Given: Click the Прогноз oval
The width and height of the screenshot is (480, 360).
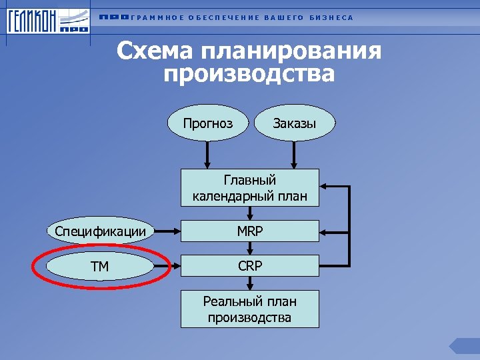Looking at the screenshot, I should click(x=209, y=123).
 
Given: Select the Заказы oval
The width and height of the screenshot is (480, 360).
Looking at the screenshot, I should click(x=294, y=123).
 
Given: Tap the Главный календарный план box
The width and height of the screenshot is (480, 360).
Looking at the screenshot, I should click(x=249, y=188).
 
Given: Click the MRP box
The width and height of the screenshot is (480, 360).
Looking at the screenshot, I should click(x=249, y=232).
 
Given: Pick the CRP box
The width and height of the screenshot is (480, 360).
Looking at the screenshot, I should click(x=249, y=267).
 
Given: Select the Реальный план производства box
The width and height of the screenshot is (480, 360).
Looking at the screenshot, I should click(x=249, y=309).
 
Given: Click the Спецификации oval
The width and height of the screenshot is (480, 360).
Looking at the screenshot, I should click(x=101, y=232).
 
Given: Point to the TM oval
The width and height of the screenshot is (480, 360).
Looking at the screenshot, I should click(x=101, y=267).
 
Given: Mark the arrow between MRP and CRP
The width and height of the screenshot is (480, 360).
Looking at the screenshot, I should click(x=249, y=249).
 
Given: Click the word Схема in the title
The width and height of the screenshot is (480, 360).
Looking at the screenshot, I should click(x=157, y=51).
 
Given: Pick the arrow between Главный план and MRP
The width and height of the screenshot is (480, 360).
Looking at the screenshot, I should click(x=249, y=213).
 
